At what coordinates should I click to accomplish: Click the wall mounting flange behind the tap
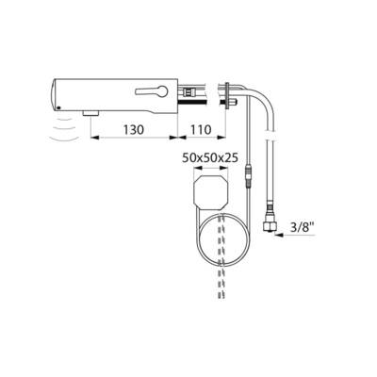[228, 94]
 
